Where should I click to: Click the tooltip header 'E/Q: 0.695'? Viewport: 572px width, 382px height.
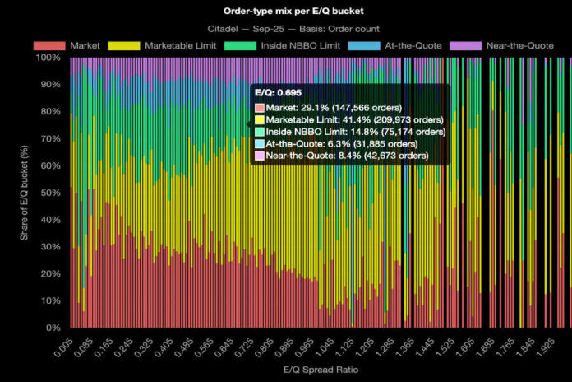(278, 93)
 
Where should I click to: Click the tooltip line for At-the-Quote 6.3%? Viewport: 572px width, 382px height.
(341, 143)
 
